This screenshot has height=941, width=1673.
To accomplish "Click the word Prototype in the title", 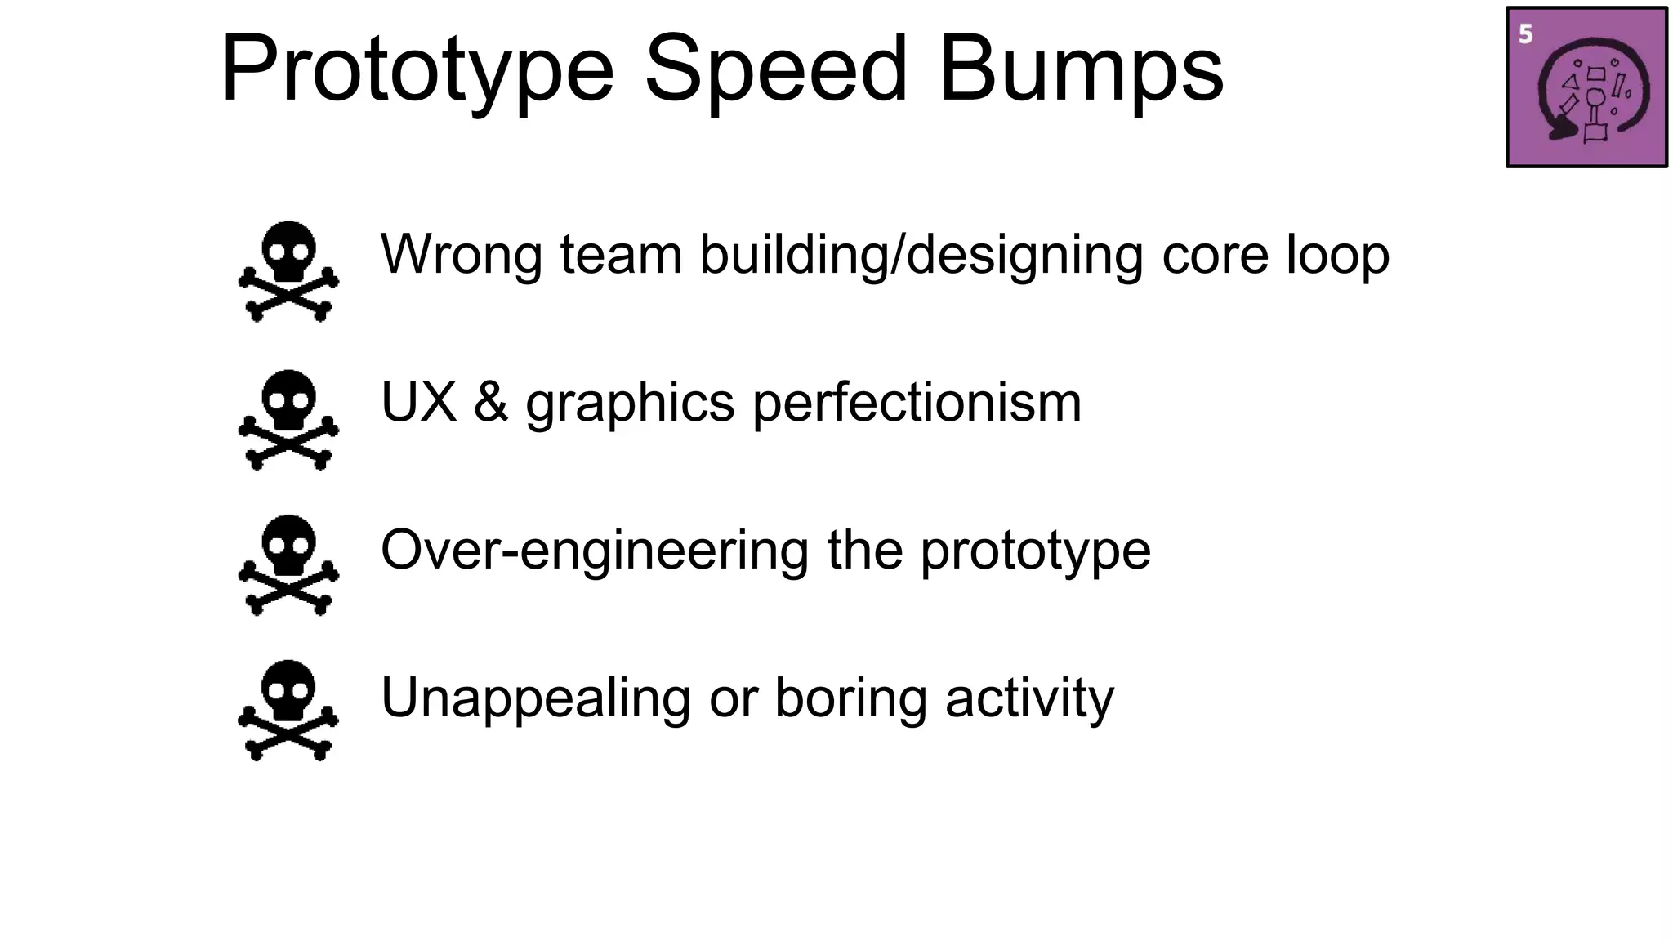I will [417, 72].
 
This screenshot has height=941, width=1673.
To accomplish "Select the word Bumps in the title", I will [1081, 72].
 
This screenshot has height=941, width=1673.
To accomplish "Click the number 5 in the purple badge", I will [1525, 34].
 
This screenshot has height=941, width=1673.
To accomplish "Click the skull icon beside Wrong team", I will [288, 270].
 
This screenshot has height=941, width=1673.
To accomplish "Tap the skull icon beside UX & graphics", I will [288, 420].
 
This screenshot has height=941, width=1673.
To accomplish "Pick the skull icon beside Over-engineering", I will [288, 564].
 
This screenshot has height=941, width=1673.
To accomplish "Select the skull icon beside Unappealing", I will [288, 710].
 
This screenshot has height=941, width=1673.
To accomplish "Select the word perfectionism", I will [917, 404].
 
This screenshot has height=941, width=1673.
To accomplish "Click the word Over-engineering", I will [595, 551].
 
